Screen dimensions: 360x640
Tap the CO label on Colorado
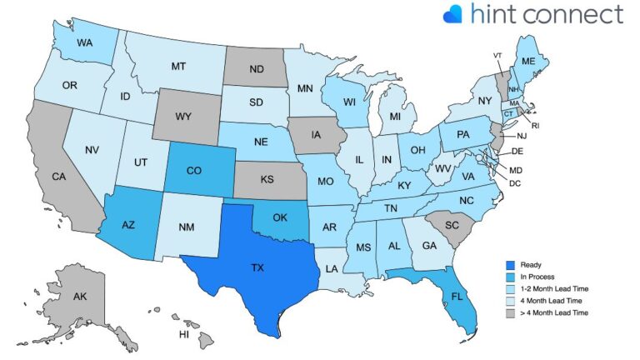click(x=194, y=171)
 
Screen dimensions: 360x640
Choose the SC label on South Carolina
click(x=453, y=225)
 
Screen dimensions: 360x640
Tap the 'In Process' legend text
click(x=538, y=277)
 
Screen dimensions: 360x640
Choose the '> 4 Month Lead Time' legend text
click(x=554, y=312)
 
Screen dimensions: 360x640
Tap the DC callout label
click(x=516, y=182)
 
